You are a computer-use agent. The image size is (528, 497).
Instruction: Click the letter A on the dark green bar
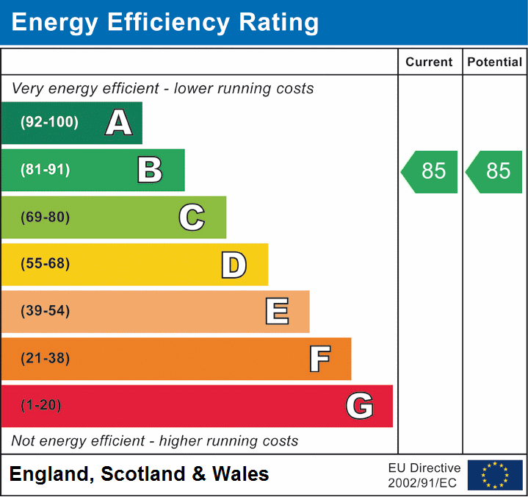[x=119, y=123]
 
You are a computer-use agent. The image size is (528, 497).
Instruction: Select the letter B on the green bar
[x=150, y=170]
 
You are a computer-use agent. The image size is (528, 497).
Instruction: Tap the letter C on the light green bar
[x=192, y=217]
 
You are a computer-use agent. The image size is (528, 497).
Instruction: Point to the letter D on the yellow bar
[x=234, y=265]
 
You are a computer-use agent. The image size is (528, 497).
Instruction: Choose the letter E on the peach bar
[x=276, y=312]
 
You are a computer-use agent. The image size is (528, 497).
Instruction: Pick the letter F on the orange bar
[x=319, y=359]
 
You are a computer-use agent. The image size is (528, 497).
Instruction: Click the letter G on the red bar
[x=360, y=406]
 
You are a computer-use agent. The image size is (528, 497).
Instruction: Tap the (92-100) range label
[x=50, y=123]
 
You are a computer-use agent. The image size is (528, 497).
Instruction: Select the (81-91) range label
[x=46, y=170]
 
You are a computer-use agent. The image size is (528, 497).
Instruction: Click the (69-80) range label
[x=46, y=217]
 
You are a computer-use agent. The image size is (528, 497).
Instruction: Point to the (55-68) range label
[x=46, y=264]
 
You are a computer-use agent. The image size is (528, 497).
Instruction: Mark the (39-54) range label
[x=46, y=311]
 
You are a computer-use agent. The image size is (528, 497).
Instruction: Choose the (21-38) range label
[x=46, y=359]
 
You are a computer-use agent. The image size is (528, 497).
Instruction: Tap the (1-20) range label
[x=41, y=406]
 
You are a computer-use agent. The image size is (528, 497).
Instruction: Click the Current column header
[x=430, y=62]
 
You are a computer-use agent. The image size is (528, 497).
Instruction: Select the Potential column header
[x=495, y=62]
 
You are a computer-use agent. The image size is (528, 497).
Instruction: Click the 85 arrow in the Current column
[x=430, y=171]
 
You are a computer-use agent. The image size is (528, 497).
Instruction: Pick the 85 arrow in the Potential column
[x=495, y=171]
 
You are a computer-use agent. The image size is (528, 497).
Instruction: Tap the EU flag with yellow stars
[x=495, y=475]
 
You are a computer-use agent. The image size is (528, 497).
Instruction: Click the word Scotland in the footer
[x=143, y=474]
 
